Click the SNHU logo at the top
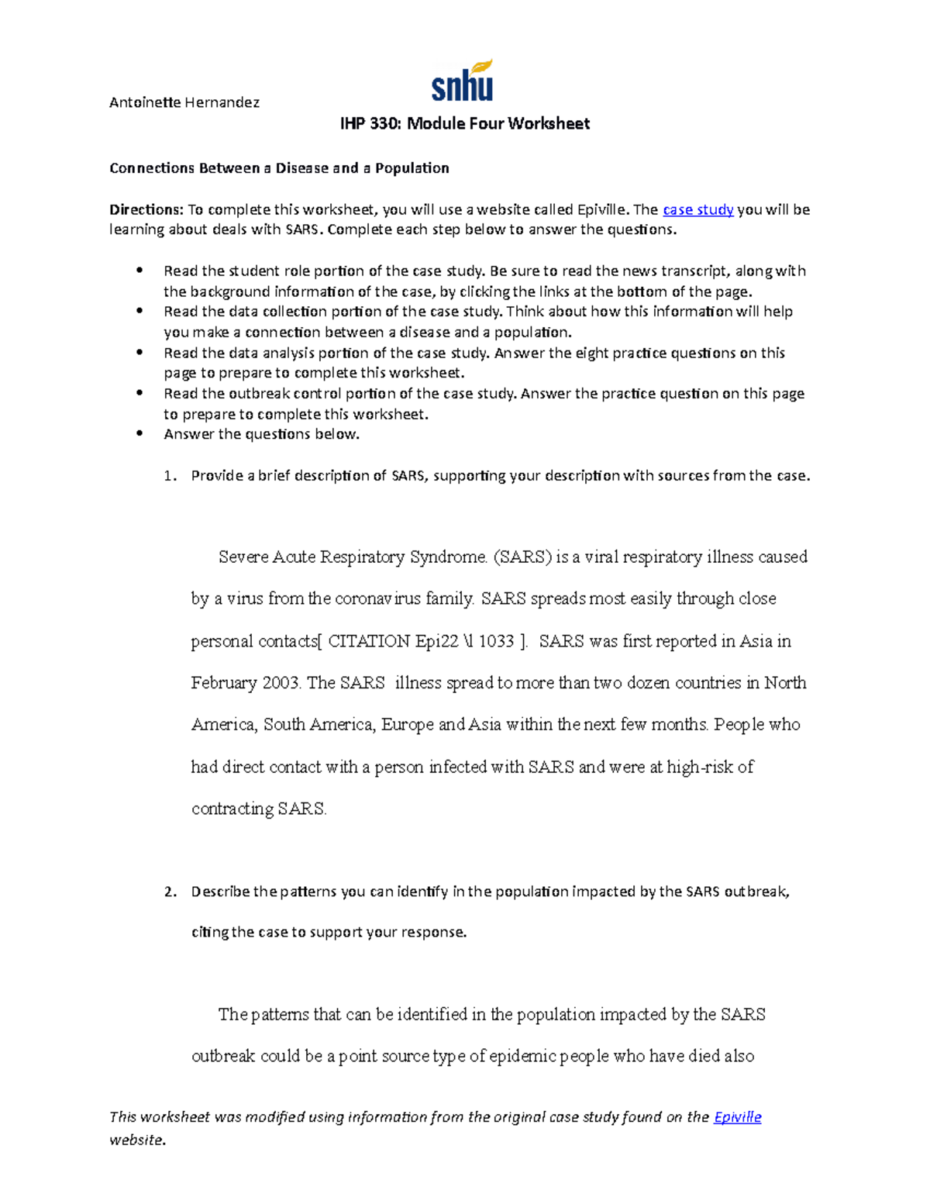pyautogui.click(x=463, y=81)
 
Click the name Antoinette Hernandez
pyautogui.click(x=184, y=102)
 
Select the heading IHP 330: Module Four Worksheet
pyautogui.click(x=465, y=124)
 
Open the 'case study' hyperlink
pyautogui.click(x=698, y=209)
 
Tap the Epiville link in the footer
pyautogui.click(x=737, y=1117)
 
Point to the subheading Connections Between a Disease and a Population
pyautogui.click(x=279, y=168)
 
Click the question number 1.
pyautogui.click(x=170, y=476)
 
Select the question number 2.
pyautogui.click(x=170, y=892)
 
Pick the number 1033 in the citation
pyautogui.click(x=496, y=641)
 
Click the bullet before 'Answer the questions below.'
pyautogui.click(x=140, y=434)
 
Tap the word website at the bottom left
pyautogui.click(x=136, y=1140)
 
